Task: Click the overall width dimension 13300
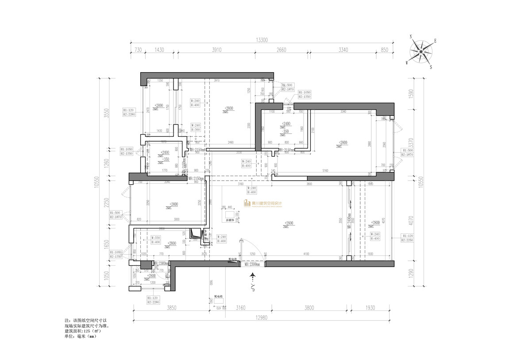click(262, 40)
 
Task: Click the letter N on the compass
click(411, 37)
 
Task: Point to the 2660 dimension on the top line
click(281, 50)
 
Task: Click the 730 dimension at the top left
click(138, 50)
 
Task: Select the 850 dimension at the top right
click(384, 50)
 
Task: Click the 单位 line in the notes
click(80, 336)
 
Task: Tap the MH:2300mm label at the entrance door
click(252, 264)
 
